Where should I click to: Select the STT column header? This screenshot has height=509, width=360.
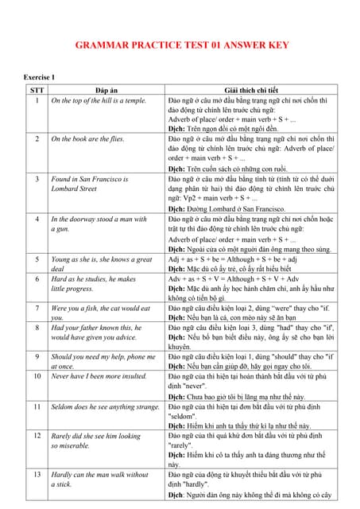(37, 91)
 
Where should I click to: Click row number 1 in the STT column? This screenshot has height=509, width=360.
(37, 102)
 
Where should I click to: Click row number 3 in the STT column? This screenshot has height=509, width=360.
(37, 179)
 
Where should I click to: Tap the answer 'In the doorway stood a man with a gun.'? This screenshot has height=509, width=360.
(99, 223)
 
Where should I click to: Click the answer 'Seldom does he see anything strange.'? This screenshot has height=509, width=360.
(105, 406)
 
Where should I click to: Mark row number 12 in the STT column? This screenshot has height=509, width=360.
(37, 437)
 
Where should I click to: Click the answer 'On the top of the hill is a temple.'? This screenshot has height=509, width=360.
(99, 102)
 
